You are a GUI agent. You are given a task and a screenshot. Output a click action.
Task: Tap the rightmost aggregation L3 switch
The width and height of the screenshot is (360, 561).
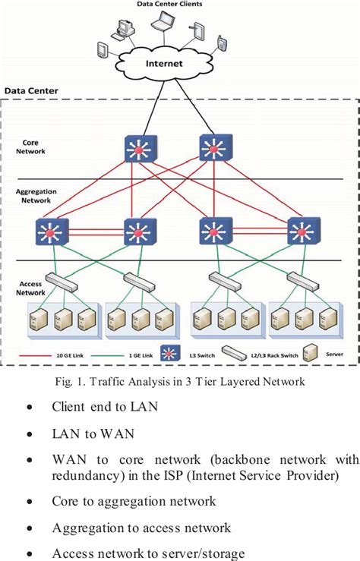pos(303,232)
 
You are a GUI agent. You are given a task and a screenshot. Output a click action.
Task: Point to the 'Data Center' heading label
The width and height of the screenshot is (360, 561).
pos(31,91)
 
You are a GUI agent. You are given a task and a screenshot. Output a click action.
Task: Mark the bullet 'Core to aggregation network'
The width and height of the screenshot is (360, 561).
pos(133,502)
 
